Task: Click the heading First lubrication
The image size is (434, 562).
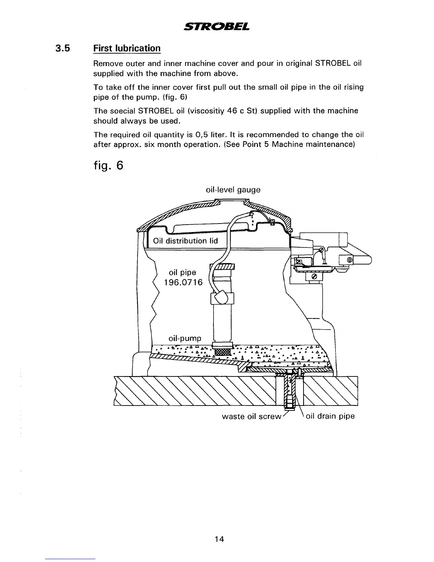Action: click(x=127, y=48)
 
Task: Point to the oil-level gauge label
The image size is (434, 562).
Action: click(x=233, y=190)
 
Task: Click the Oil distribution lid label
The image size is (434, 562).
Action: click(x=185, y=241)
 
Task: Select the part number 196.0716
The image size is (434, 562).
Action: click(x=183, y=282)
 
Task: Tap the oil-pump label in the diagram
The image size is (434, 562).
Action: click(x=185, y=338)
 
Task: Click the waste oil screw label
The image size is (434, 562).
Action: click(x=251, y=416)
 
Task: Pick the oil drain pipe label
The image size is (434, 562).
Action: click(x=330, y=416)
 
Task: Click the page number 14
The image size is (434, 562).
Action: click(x=219, y=539)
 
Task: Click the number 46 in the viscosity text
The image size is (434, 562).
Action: click(x=232, y=111)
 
